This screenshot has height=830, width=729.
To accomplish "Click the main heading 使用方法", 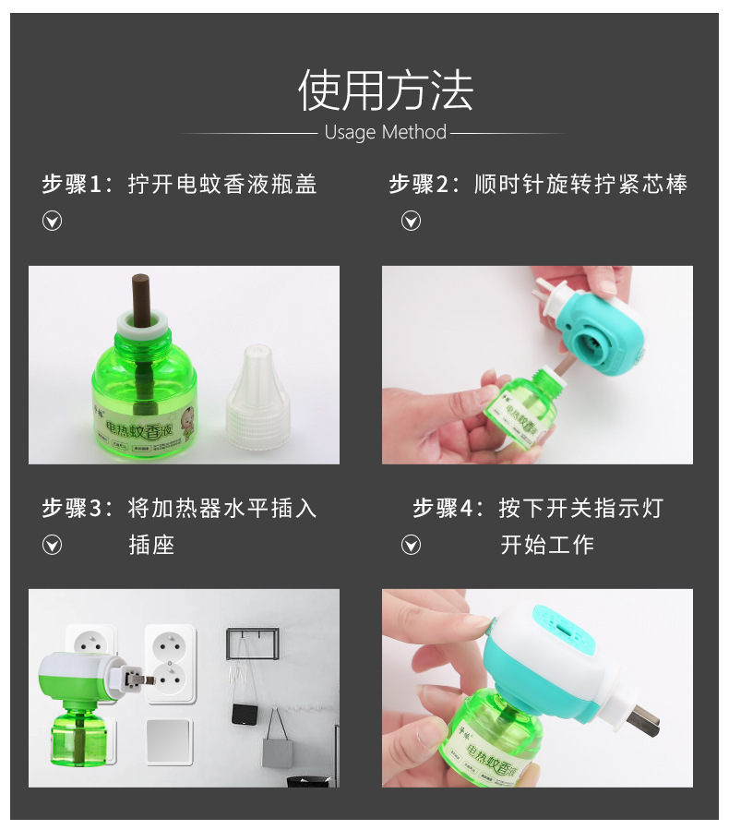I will tap(385, 90).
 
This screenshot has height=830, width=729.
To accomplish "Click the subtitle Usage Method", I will tap(385, 132).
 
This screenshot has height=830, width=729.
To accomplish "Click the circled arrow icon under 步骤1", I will tap(53, 221).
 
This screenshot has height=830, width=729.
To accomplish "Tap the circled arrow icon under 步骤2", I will tap(411, 221).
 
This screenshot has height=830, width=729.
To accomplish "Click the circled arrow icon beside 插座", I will tap(53, 545).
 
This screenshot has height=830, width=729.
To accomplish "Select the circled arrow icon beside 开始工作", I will tap(411, 545).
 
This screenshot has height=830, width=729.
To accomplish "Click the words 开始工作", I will tap(547, 545).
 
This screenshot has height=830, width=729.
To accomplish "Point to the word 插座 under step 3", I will tap(151, 545).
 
